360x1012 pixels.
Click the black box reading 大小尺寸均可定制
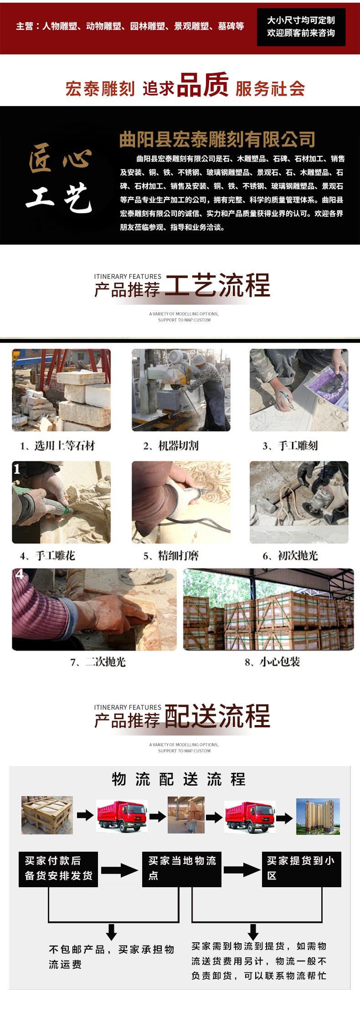tap(301, 26)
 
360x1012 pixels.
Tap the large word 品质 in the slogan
tap(202, 85)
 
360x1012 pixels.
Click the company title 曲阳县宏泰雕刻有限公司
tap(217, 139)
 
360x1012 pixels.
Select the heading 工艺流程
tap(217, 286)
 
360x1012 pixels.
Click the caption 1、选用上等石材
tap(57, 446)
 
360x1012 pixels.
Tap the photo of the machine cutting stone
tap(181, 390)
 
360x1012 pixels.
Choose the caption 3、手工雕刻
tap(290, 446)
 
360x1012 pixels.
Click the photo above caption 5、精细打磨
tap(181, 502)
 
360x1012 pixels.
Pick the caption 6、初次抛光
tap(290, 556)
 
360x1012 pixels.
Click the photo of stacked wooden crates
tap(268, 609)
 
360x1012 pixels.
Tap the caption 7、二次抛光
tap(98, 662)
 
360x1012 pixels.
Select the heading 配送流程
tap(217, 716)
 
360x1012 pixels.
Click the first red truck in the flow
tap(122, 817)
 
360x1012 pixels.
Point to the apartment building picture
tap(318, 816)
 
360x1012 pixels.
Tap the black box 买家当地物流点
tap(182, 869)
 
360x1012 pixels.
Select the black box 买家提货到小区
tap(301, 869)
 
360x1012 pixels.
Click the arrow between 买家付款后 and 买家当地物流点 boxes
tap(119, 870)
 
